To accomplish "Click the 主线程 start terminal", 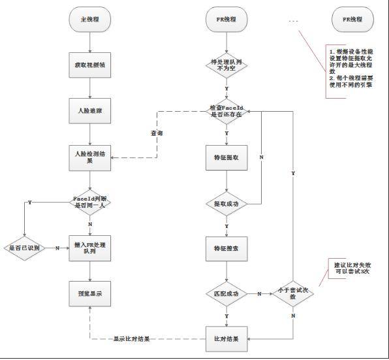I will click(x=89, y=20).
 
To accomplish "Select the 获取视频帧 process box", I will click(x=89, y=66).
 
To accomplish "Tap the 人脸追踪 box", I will click(x=89, y=111).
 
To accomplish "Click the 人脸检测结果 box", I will click(x=89, y=157).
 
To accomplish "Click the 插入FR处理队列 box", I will click(x=89, y=248).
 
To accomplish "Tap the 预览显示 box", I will click(x=89, y=293).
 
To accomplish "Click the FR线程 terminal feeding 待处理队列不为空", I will click(x=226, y=20).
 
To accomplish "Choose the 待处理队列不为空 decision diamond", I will click(x=226, y=65).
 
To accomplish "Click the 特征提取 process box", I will click(x=226, y=157).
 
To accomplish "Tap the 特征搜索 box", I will click(x=226, y=248).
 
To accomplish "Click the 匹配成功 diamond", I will click(x=226, y=293).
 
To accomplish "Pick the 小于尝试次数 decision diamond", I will click(x=293, y=293).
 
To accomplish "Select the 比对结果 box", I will click(x=226, y=339).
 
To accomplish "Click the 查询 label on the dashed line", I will click(x=157, y=133).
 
